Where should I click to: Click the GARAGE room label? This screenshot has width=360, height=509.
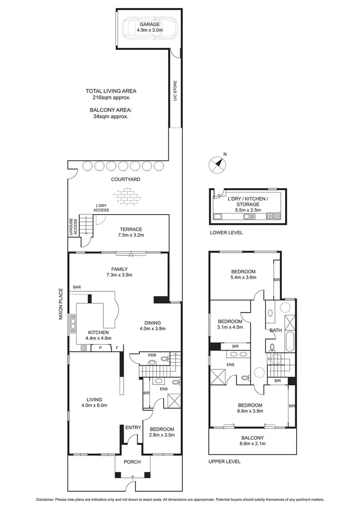click(150, 27)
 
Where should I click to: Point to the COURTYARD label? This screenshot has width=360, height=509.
click(125, 179)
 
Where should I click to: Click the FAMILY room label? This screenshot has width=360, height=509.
click(119, 272)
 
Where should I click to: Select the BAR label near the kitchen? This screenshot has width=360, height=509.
click(77, 287)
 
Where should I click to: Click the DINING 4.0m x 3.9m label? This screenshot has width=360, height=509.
click(150, 326)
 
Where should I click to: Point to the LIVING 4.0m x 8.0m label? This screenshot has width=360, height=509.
click(93, 402)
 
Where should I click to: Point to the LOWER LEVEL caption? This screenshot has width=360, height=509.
click(226, 232)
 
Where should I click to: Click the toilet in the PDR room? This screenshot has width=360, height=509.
click(165, 358)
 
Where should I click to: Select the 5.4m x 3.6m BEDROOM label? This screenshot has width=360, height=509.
click(243, 274)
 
